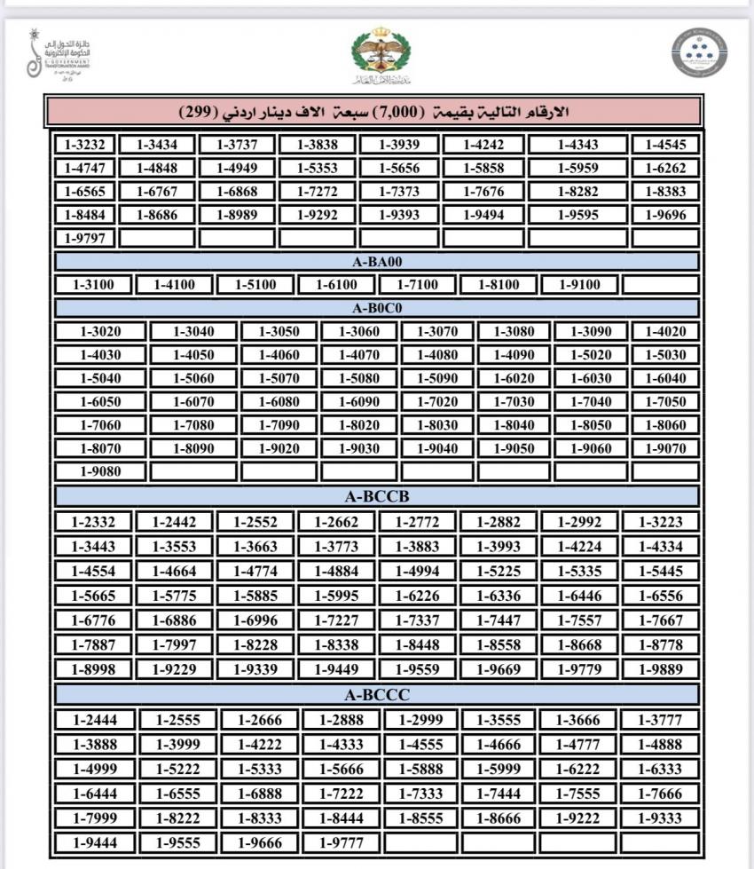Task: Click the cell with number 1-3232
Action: click(85, 145)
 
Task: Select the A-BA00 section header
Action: click(377, 262)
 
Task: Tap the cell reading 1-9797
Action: click(85, 238)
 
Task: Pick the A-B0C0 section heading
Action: click(377, 308)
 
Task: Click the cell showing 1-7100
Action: click(418, 285)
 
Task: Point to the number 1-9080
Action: click(100, 471)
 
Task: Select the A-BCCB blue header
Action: click(377, 495)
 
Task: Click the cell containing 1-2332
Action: click(93, 522)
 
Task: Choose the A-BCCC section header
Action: click(377, 694)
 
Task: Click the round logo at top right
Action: click(698, 52)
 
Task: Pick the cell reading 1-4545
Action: click(665, 145)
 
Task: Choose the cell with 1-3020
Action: click(100, 332)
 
